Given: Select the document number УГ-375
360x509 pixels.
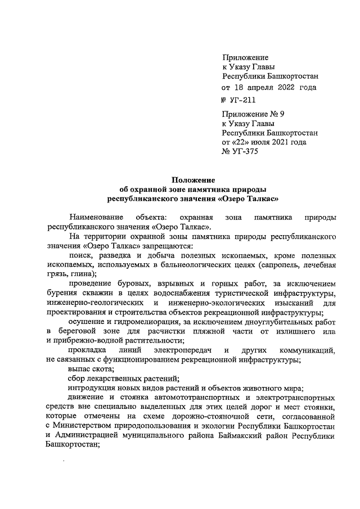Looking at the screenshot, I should (240, 152).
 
